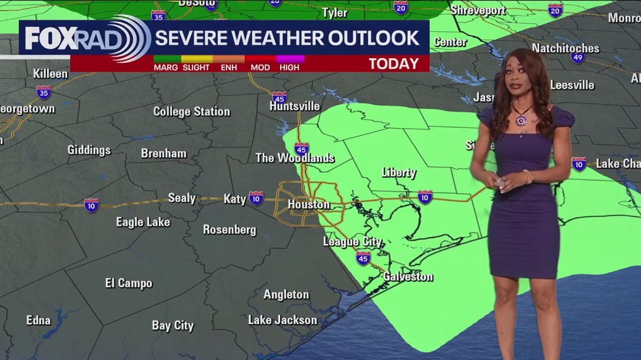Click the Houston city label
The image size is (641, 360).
coord(308,205)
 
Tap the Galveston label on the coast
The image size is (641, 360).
coord(408,276)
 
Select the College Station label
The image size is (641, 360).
coord(191,111)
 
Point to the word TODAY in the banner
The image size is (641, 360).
coord(394,64)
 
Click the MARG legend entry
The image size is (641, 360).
coord(166,67)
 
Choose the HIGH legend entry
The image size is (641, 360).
coord(289,67)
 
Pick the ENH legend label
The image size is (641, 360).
coord(228,67)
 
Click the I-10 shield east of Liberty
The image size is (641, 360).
coord(425,196)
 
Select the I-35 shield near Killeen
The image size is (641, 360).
coord(43,92)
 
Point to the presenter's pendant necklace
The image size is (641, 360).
coord(520,120)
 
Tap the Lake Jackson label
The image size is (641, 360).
coord(283,320)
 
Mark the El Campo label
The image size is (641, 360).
coord(128,283)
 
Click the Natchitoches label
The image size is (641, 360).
coord(565,48)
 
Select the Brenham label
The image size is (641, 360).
coord(164,154)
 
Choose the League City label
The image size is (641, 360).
coord(352,242)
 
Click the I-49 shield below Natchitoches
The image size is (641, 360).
coord(577,58)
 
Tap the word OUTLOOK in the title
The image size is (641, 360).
coord(374,38)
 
